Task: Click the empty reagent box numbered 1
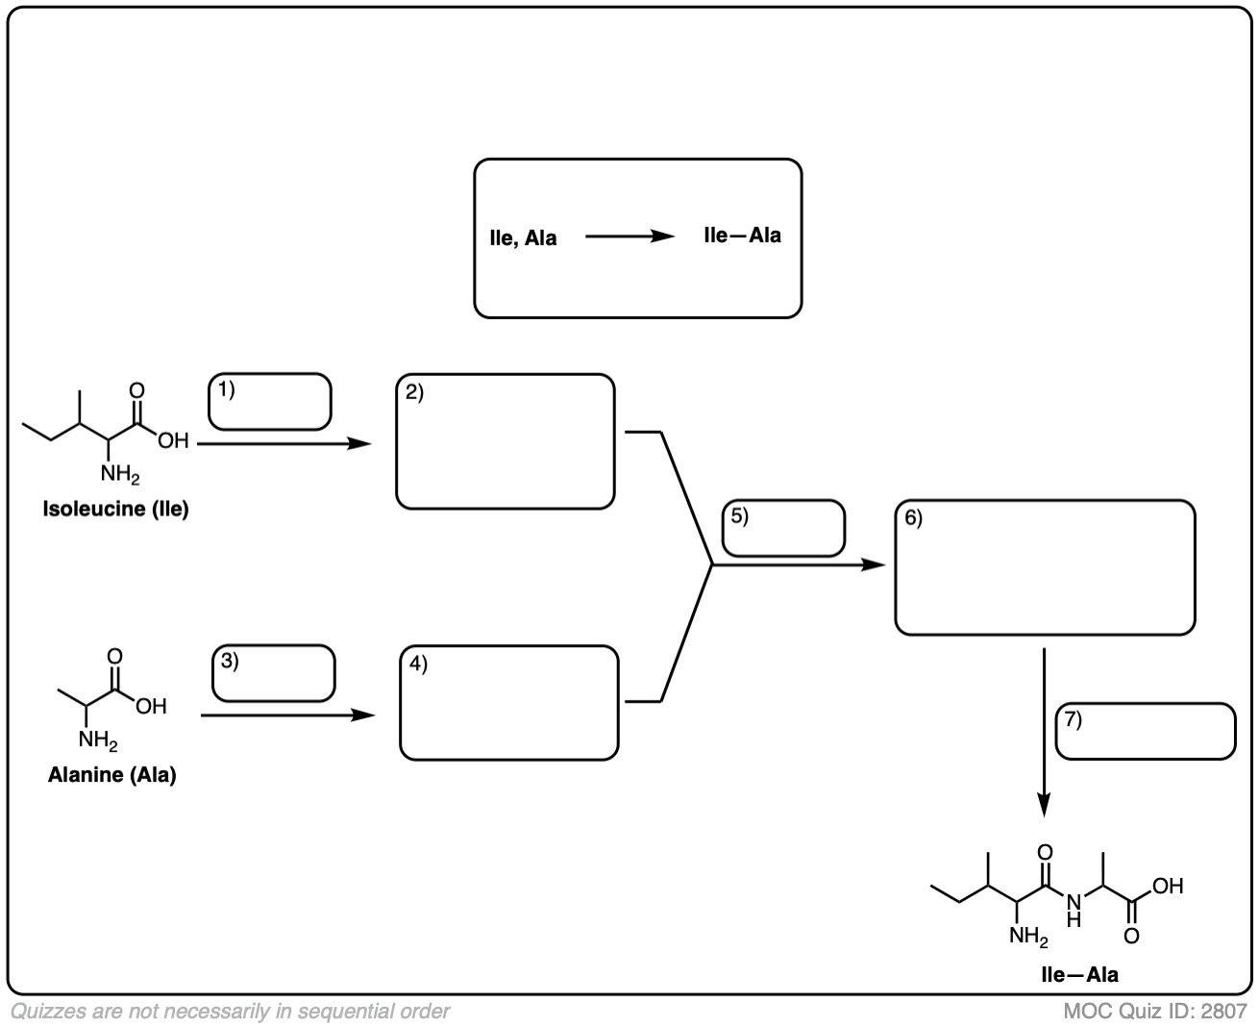pyautogui.click(x=270, y=401)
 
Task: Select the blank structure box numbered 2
pyautogui.click(x=506, y=441)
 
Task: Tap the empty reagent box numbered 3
pyautogui.click(x=274, y=673)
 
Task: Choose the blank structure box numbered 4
pyautogui.click(x=509, y=703)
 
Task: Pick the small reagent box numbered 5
pyautogui.click(x=783, y=528)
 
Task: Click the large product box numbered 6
pyautogui.click(x=1045, y=567)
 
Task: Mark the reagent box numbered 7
pyautogui.click(x=1146, y=732)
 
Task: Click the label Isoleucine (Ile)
pyautogui.click(x=115, y=510)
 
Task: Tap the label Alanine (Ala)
pyautogui.click(x=112, y=775)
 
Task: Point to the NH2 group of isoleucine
pyautogui.click(x=120, y=474)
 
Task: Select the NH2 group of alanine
pyautogui.click(x=98, y=740)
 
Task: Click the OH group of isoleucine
pyautogui.click(x=174, y=441)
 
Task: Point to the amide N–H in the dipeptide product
pyautogui.click(x=1074, y=909)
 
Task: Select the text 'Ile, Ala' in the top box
pyautogui.click(x=523, y=238)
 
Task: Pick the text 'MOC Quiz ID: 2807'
pyautogui.click(x=1155, y=1011)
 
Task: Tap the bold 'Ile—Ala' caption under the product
pyautogui.click(x=1079, y=974)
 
